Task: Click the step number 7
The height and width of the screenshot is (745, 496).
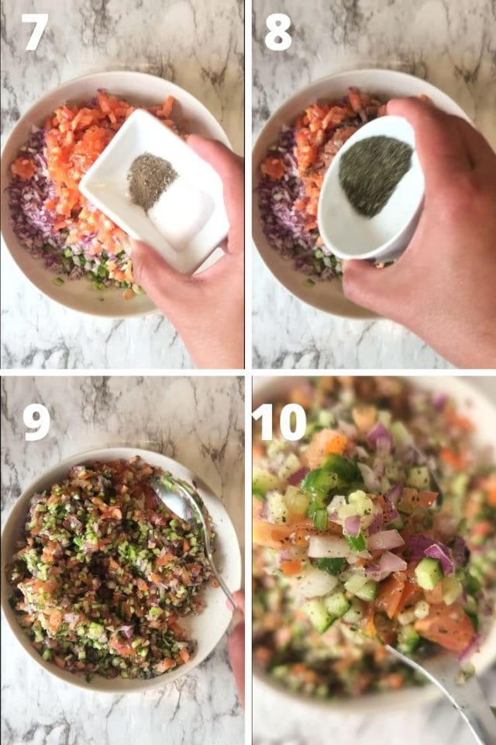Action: [x=35, y=33]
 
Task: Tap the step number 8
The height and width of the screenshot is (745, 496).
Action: [x=277, y=33]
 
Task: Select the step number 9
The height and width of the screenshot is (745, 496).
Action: [x=36, y=422]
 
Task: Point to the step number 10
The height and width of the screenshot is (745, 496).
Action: [x=279, y=422]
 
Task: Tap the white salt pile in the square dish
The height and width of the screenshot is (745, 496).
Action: [x=181, y=213]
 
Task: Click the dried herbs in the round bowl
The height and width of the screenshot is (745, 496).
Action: [x=375, y=175]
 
